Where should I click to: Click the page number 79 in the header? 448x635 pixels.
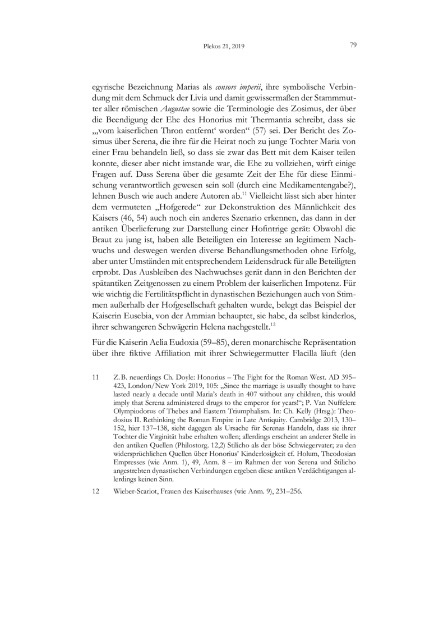[354, 45]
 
